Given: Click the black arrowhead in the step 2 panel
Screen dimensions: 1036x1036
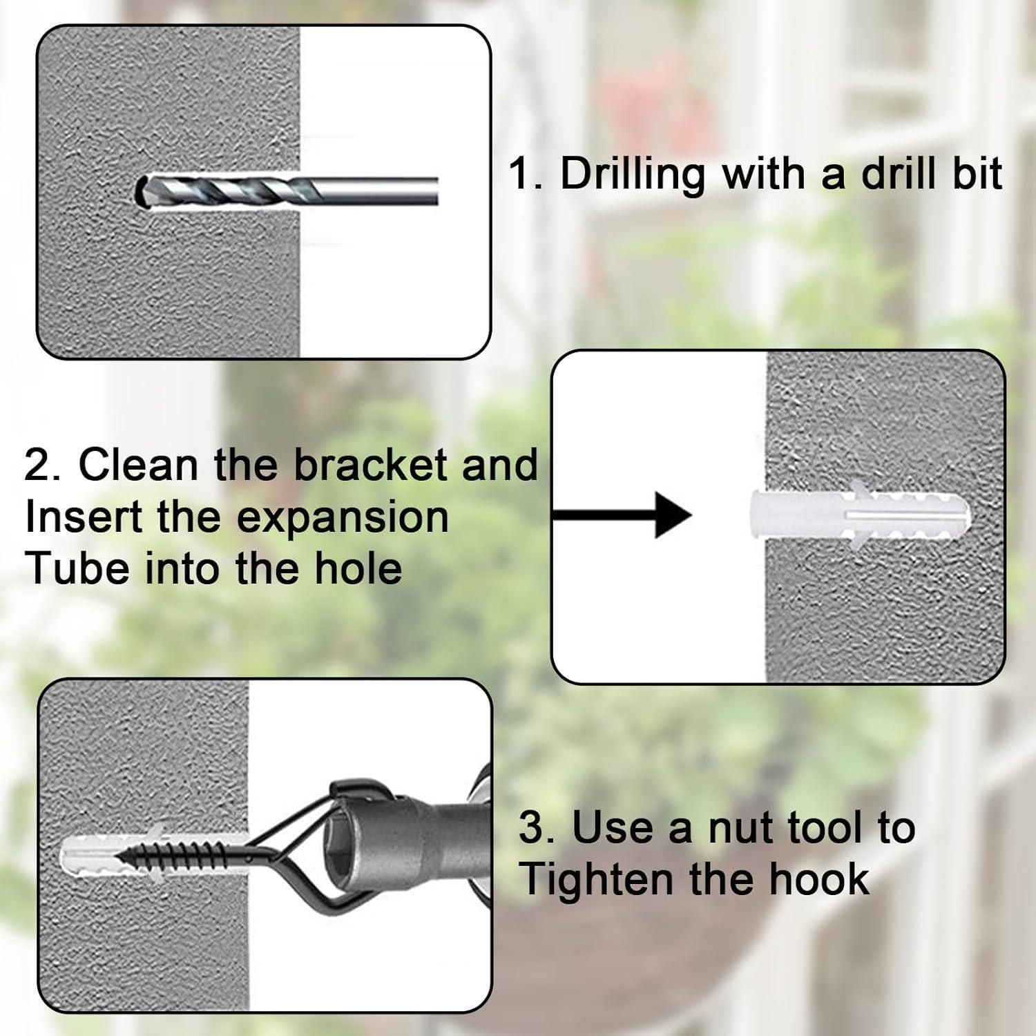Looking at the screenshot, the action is [x=673, y=515].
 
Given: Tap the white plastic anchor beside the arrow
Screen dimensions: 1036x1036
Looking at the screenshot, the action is [x=859, y=516].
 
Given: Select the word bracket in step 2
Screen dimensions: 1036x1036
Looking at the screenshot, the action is [x=371, y=464].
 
